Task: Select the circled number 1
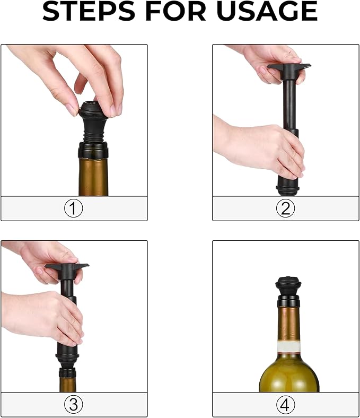(x=74, y=208)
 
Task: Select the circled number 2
(x=285, y=208)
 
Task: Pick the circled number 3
(x=74, y=405)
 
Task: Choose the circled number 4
(x=285, y=405)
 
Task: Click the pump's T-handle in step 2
(x=289, y=67)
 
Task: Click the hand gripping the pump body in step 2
(x=260, y=146)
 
